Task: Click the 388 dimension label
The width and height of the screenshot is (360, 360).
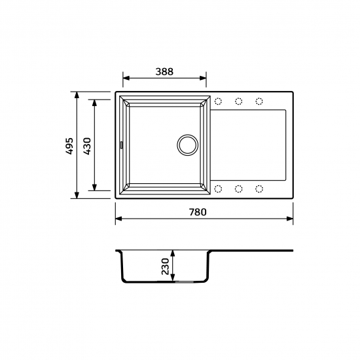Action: coord(164,71)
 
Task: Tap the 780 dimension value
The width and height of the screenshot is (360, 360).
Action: coord(198,212)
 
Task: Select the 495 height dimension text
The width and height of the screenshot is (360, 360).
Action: coord(69,146)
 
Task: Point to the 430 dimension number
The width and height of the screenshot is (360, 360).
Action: coord(87,146)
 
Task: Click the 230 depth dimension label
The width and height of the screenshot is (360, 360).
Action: coord(165,266)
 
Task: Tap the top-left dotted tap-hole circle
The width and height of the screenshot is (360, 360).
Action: coord(218,101)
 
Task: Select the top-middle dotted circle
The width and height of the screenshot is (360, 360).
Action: coord(239,101)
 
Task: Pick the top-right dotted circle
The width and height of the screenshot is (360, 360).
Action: coord(259,101)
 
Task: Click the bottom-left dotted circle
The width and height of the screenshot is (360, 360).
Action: coord(218,189)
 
